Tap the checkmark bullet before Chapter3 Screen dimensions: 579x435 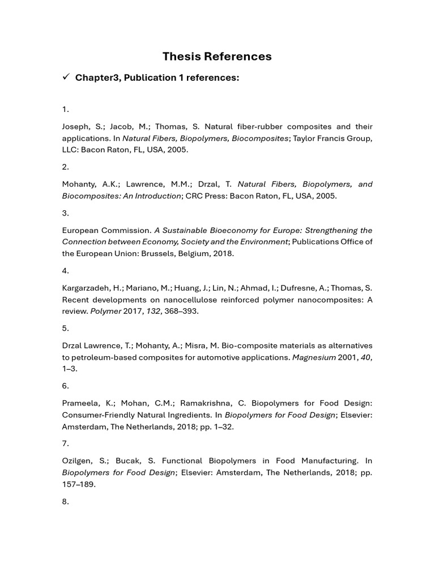[x=66, y=77]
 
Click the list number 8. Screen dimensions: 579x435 [x=65, y=502]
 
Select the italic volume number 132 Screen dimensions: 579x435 [x=153, y=312]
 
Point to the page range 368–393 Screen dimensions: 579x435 [x=181, y=312]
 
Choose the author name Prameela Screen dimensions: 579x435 [x=80, y=403]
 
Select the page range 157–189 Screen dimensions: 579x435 [x=79, y=484]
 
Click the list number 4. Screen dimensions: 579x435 [x=65, y=271]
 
